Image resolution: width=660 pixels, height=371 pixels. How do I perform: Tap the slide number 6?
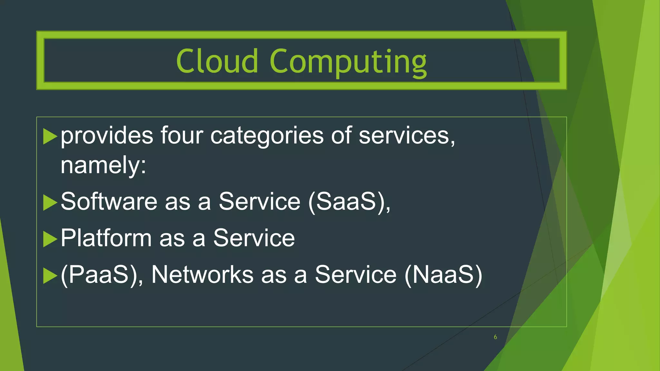click(x=495, y=337)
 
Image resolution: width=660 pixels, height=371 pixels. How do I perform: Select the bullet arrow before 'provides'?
click(x=50, y=136)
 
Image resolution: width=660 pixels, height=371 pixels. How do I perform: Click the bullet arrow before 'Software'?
click(x=50, y=202)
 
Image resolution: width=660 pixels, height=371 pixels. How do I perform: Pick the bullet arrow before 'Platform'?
click(x=50, y=239)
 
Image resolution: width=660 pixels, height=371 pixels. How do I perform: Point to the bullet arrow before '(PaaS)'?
click(x=50, y=276)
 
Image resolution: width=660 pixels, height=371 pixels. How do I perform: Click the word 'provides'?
click(x=107, y=136)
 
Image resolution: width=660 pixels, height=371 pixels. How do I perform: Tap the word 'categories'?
click(x=267, y=136)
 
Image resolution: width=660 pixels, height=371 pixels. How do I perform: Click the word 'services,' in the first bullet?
click(x=407, y=136)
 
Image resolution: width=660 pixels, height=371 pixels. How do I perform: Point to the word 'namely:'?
click(x=103, y=166)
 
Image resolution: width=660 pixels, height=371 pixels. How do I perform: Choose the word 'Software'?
click(x=109, y=202)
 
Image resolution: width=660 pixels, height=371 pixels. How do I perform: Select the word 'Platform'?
click(x=106, y=238)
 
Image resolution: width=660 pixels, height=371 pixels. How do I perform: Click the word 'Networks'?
click(x=202, y=275)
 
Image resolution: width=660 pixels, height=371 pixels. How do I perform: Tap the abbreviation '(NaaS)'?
click(x=443, y=275)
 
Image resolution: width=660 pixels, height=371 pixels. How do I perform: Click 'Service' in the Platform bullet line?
click(x=254, y=238)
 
